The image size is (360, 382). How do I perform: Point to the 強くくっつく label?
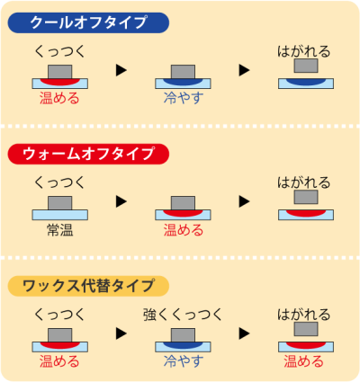183,315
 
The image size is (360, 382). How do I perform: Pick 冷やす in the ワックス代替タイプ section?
183,361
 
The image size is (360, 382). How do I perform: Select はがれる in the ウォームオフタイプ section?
304,182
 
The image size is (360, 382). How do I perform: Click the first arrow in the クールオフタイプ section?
121,69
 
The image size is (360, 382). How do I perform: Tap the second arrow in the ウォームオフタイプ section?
243,201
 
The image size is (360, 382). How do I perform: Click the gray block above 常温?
59,201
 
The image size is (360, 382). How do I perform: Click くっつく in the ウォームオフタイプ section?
59,182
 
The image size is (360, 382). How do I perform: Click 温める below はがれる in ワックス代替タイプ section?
304,361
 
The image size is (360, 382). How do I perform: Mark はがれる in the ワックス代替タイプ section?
304,315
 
